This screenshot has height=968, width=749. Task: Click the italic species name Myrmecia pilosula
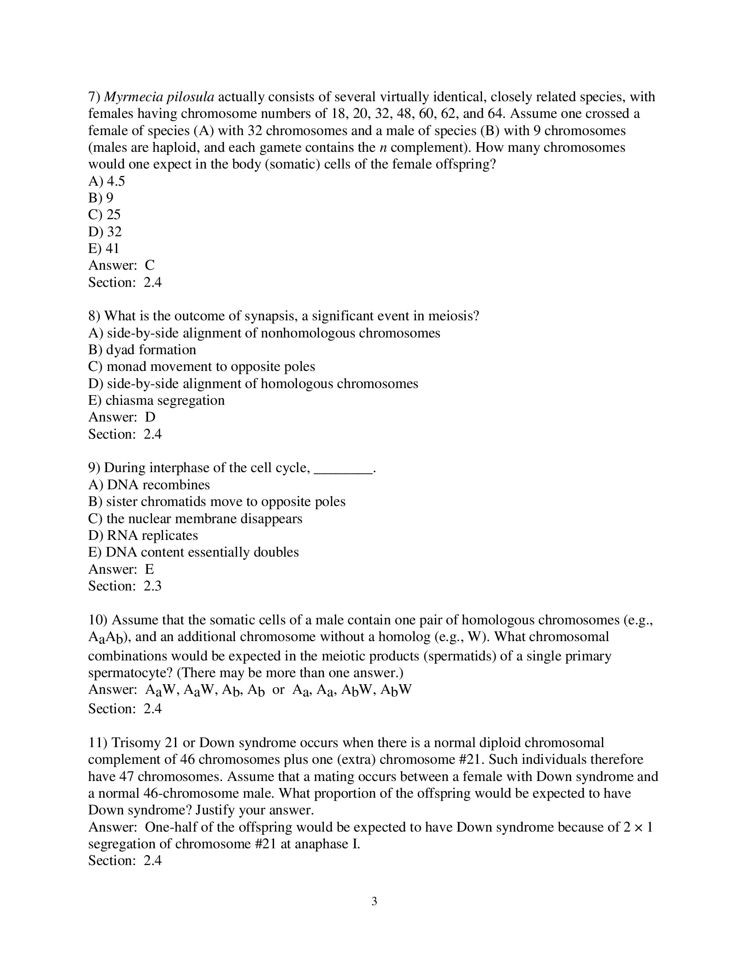pos(159,97)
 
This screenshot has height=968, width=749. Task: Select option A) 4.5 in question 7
pos(107,181)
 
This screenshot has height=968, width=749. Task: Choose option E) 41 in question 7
pos(104,248)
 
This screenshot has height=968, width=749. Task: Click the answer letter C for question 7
pos(149,265)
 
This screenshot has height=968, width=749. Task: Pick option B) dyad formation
pos(142,350)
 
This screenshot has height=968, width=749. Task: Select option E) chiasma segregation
pos(156,400)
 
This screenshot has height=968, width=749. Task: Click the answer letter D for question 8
pos(150,417)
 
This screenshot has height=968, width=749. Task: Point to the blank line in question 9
pos(342,469)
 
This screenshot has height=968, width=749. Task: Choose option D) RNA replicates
pos(143,535)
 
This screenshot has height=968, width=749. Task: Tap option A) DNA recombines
pos(148,485)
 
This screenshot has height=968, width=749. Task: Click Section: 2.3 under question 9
pos(125,586)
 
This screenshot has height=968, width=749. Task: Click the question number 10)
pos(97,620)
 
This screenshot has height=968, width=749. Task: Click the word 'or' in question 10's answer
pos(278,689)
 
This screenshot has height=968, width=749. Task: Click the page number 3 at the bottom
pos(374,902)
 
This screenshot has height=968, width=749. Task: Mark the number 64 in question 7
pos(497,114)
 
